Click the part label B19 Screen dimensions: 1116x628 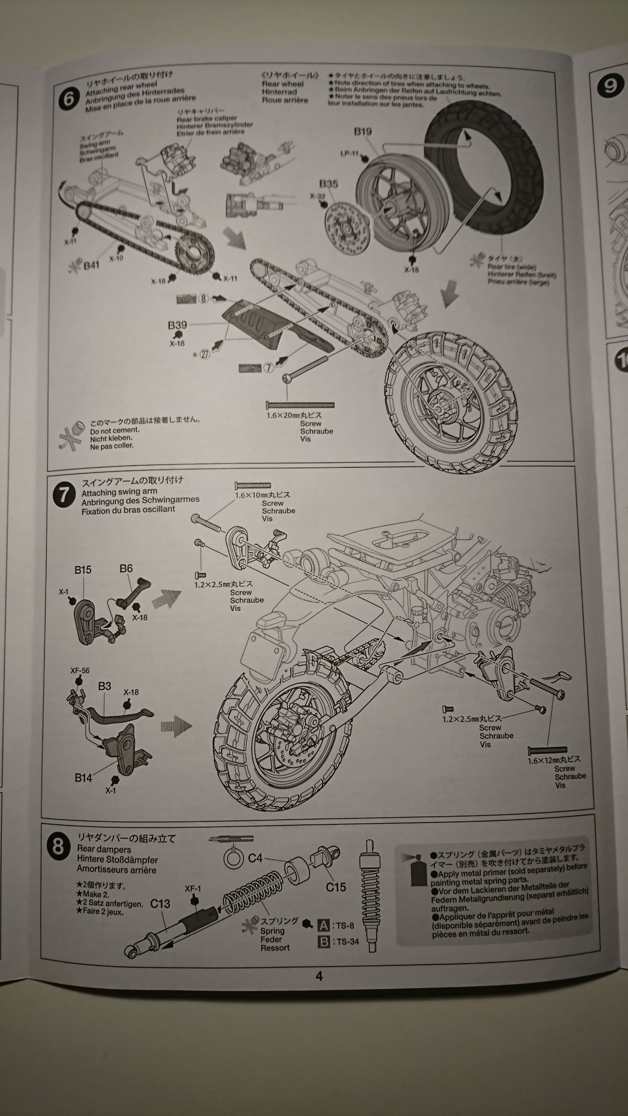(362, 132)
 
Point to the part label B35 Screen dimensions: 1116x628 (328, 184)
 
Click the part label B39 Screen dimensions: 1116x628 (177, 325)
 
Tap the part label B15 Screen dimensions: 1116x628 (82, 570)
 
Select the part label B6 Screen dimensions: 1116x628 (126, 568)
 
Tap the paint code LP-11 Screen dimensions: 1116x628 (349, 153)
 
